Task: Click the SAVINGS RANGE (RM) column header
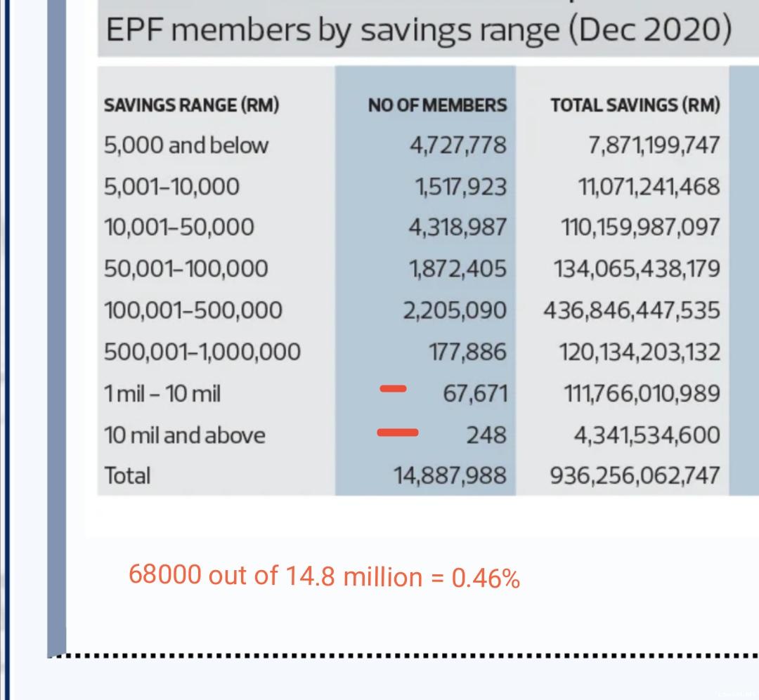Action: [x=192, y=105]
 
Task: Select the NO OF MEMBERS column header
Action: [x=438, y=105]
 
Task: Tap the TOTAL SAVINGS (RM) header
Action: [x=635, y=105]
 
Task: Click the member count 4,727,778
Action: [x=458, y=145]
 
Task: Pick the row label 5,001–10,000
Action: [x=172, y=187]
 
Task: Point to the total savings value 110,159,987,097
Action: [x=640, y=227]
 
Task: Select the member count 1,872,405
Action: [x=458, y=269]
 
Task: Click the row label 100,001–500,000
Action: [x=193, y=310]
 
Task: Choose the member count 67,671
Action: [x=475, y=394]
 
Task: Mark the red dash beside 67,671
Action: [x=393, y=388]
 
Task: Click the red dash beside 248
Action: [x=397, y=432]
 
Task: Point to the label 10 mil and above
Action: [x=185, y=435]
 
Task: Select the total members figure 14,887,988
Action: [x=450, y=475]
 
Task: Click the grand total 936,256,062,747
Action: [x=635, y=475]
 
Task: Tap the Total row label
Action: [x=127, y=475]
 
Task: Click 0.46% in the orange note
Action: [x=486, y=578]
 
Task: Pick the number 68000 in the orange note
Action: [x=165, y=575]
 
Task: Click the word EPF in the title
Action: [x=135, y=30]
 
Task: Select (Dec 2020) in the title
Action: [x=649, y=30]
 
